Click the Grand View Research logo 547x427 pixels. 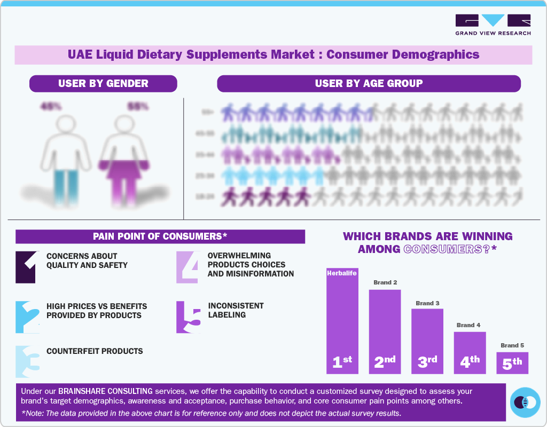(493, 25)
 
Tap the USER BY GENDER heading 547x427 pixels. (103, 83)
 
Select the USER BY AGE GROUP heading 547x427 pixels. (369, 83)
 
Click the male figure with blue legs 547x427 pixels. (66, 160)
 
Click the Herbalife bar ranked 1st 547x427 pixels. (342, 320)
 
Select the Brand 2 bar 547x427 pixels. (385, 331)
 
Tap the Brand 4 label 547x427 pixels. (468, 325)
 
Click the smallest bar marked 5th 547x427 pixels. (512, 362)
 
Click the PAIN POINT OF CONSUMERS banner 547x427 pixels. (160, 236)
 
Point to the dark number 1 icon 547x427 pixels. (27, 267)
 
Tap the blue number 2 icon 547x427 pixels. (27, 317)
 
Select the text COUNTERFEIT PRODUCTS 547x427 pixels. (95, 351)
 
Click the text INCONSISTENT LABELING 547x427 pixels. (236, 310)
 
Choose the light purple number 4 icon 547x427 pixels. (188, 267)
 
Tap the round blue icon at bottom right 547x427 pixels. (525, 402)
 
